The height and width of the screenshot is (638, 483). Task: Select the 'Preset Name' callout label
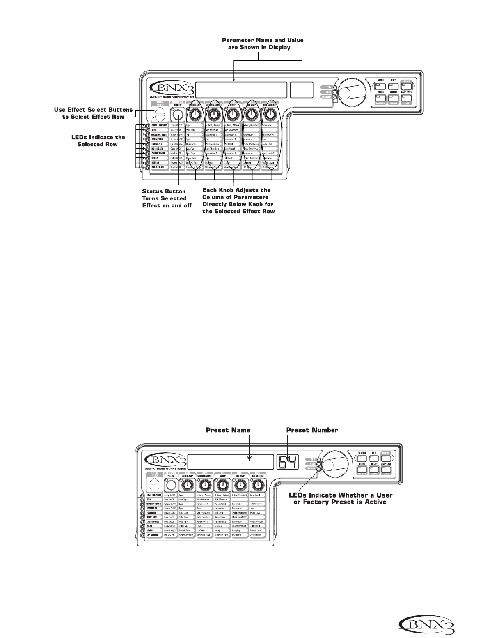[228, 430]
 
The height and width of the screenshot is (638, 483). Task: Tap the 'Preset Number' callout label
[312, 430]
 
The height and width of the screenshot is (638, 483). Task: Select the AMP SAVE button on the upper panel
[406, 98]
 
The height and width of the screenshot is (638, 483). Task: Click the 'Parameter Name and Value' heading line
[263, 41]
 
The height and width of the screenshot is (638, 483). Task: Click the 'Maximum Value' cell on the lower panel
[222, 535]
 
